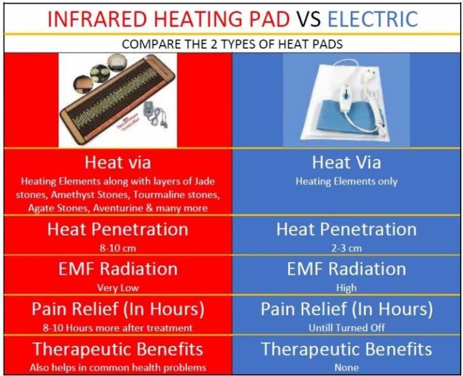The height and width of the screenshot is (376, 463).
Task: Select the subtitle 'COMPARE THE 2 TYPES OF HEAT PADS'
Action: (231, 44)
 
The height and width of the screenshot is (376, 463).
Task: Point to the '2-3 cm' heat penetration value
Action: (346, 248)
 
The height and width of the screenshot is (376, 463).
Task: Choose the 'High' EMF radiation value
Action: (346, 287)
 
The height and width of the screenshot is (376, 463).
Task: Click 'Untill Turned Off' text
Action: (346, 327)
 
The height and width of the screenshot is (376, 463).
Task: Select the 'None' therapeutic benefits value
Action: (346, 367)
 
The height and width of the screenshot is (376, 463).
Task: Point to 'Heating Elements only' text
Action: (346, 181)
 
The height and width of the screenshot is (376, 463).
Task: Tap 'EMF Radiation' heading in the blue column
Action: (346, 269)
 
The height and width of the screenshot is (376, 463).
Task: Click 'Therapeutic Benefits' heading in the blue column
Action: (346, 349)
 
